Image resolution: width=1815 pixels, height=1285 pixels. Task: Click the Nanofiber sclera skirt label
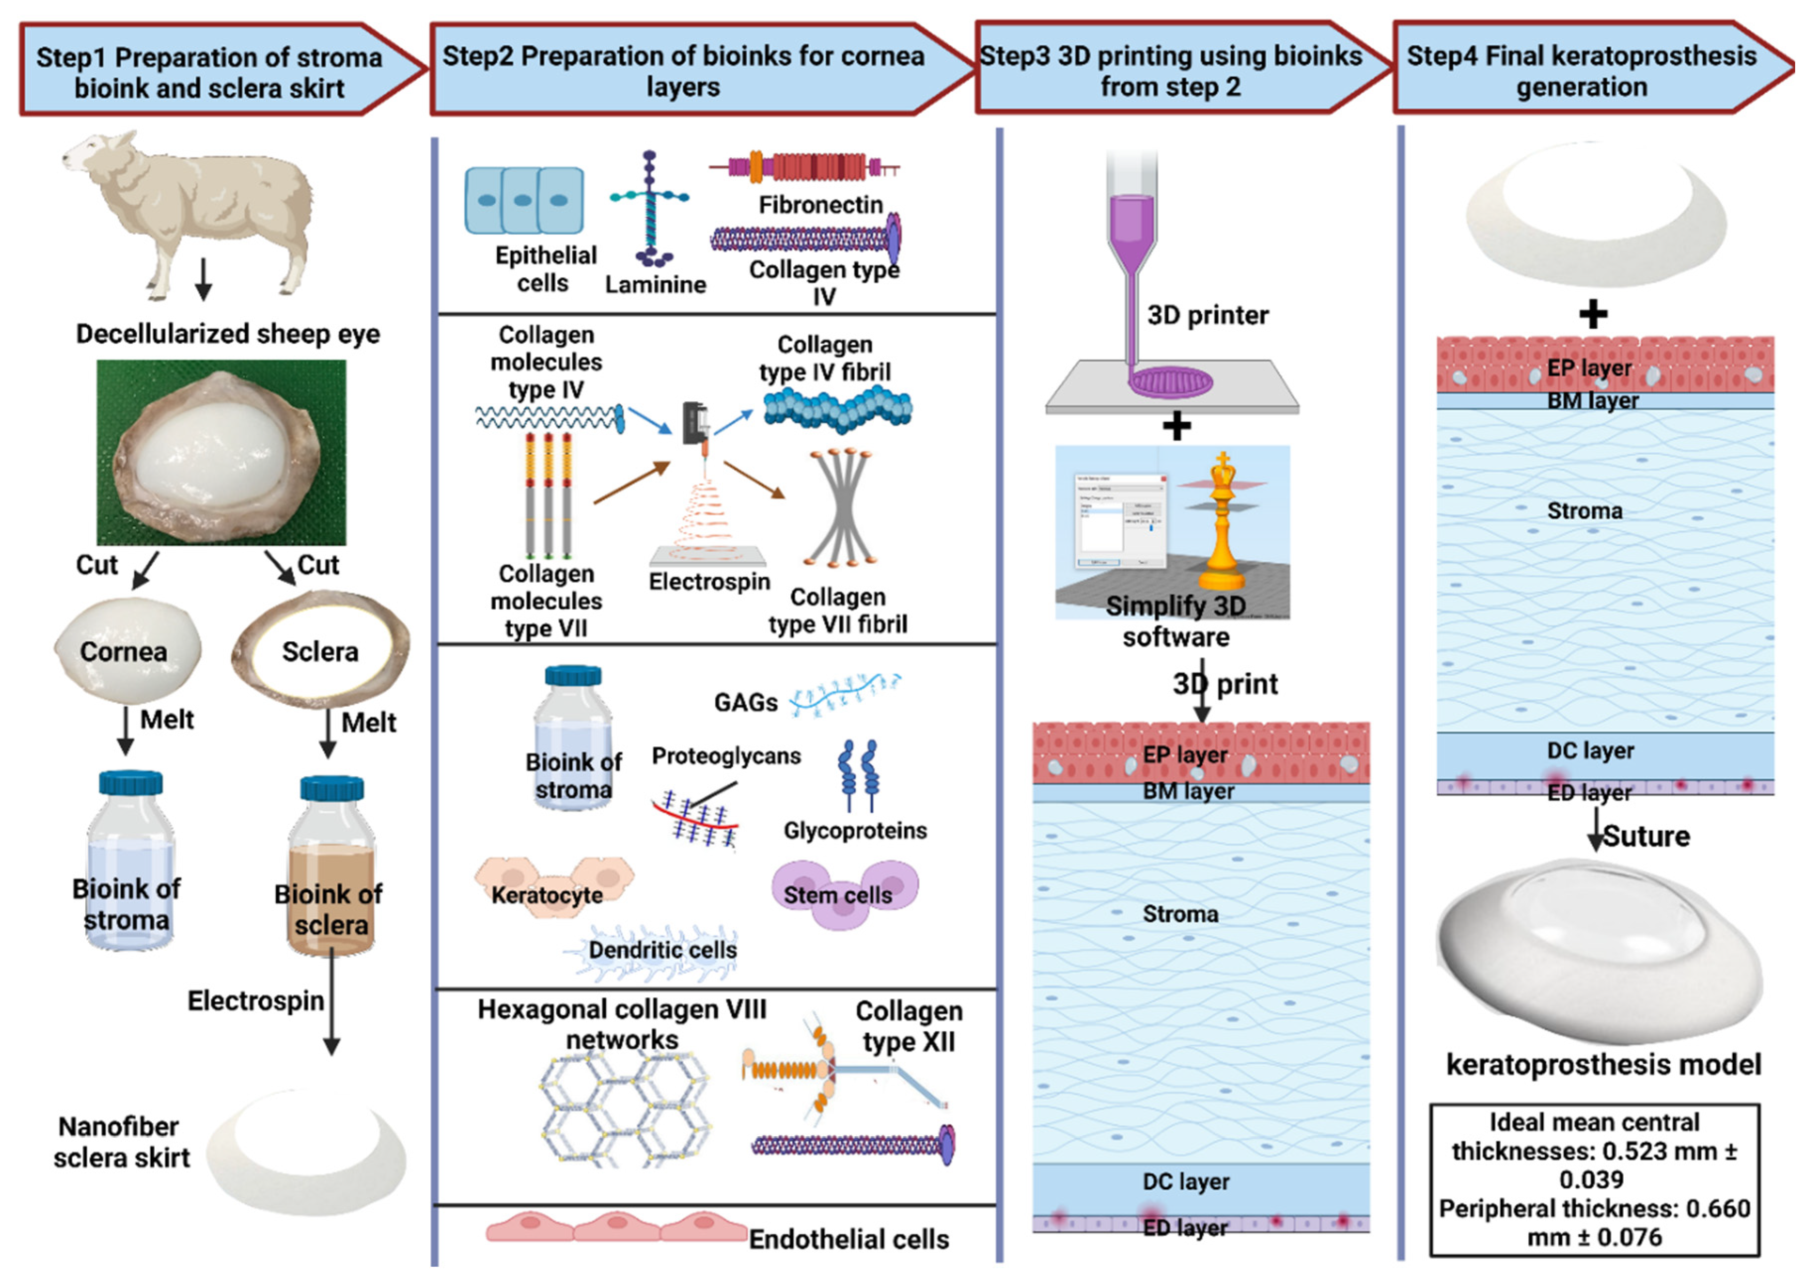coord(121,1142)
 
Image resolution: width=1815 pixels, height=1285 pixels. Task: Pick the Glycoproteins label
coord(855,830)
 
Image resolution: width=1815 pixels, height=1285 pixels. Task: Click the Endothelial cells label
coord(849,1239)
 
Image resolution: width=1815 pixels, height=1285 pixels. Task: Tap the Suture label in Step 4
coord(1646,836)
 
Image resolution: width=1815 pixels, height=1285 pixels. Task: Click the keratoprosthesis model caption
coord(1603,1064)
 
